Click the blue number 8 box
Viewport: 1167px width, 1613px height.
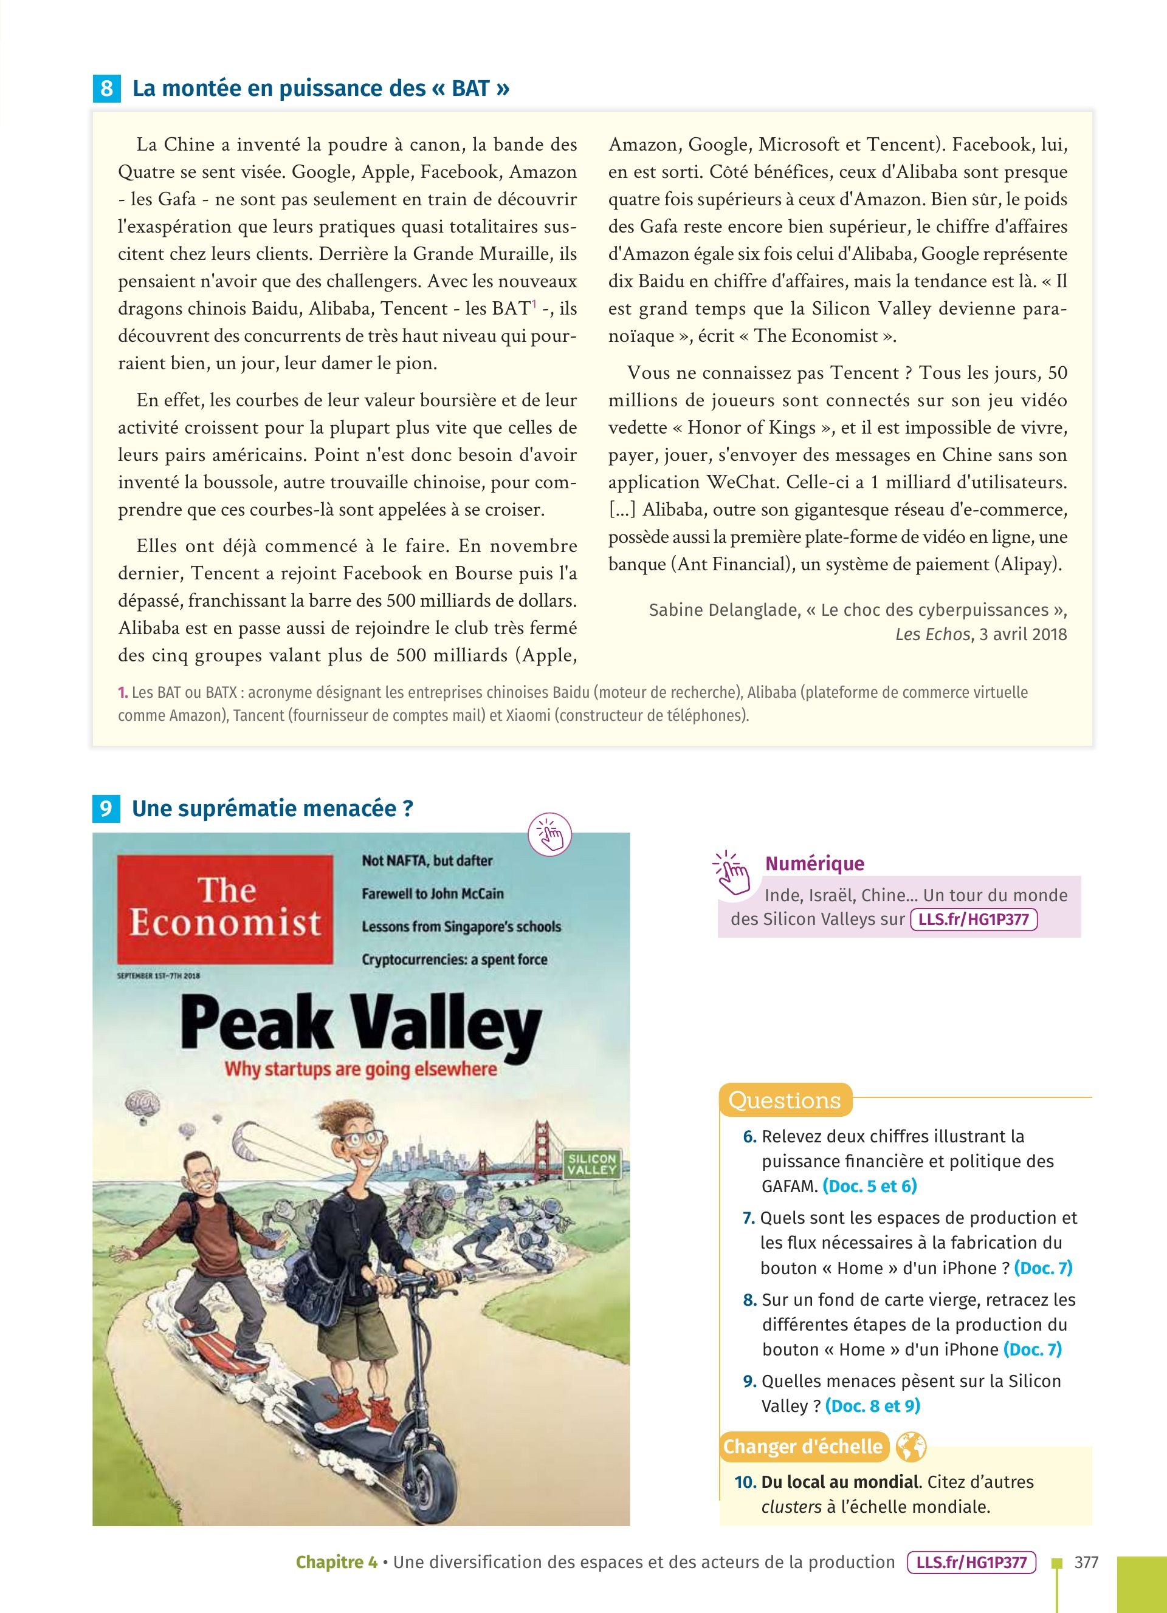[106, 89]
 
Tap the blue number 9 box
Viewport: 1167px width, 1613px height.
[106, 810]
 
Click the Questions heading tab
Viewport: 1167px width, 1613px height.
[784, 1100]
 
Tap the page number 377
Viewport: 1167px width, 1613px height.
[1087, 1562]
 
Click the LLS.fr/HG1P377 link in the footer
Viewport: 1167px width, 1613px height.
[972, 1563]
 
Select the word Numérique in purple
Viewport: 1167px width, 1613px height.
[814, 864]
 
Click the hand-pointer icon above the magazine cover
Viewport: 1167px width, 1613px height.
[551, 835]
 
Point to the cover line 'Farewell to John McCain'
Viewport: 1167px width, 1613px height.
[433, 893]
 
